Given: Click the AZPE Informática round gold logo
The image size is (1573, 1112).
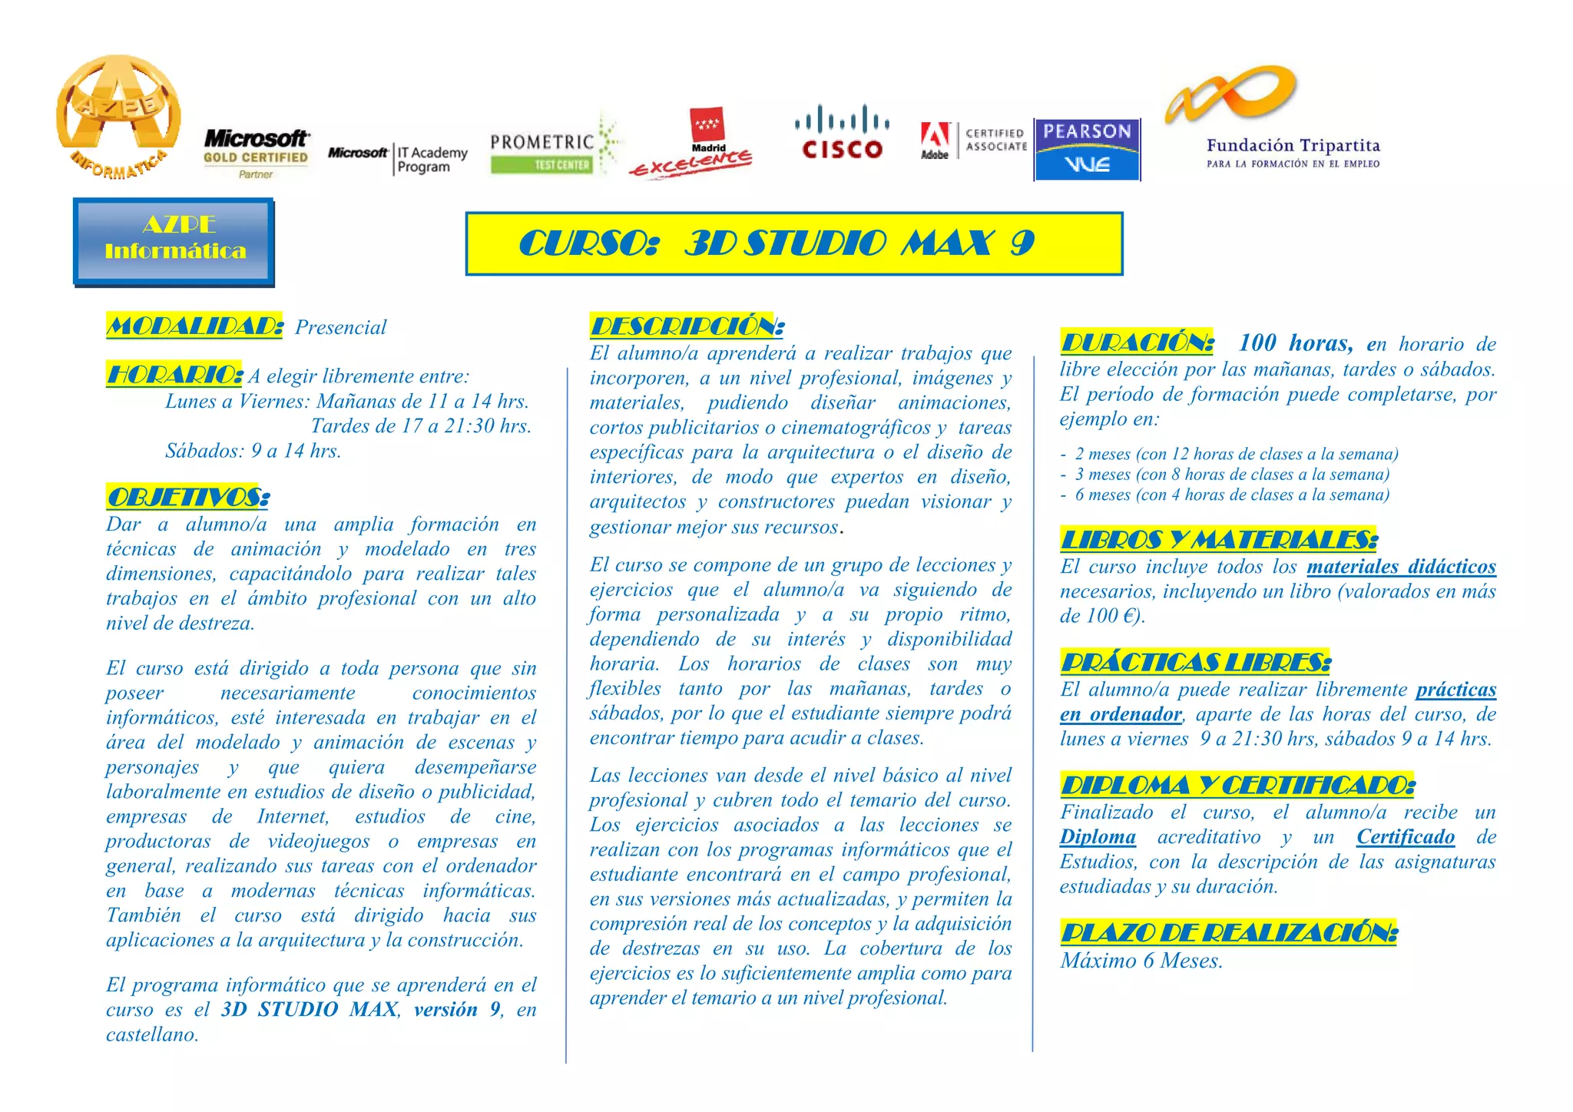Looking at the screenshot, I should [118, 115].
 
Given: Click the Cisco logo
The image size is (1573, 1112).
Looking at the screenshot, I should [842, 132].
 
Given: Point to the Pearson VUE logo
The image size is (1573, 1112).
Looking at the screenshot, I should [1087, 149].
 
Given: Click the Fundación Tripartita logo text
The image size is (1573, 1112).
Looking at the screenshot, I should [1293, 152].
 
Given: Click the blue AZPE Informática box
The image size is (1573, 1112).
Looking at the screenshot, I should [174, 241].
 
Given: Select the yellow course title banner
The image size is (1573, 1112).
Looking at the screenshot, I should [793, 243].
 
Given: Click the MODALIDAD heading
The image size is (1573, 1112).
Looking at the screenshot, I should [194, 326].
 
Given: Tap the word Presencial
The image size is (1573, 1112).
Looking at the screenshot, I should [340, 328].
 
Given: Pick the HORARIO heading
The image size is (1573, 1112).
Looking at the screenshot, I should [174, 375].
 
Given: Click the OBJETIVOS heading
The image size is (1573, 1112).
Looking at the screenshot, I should [188, 498].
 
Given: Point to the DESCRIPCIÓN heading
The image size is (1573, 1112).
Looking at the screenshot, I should [687, 326].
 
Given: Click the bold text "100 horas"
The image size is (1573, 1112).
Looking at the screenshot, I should [1295, 343].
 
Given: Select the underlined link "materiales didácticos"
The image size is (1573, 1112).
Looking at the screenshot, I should [1401, 567].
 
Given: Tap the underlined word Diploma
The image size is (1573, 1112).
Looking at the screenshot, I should [1098, 837].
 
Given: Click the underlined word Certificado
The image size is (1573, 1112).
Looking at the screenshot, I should [1405, 837].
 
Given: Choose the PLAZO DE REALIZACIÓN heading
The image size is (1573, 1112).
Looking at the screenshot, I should [1228, 933].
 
